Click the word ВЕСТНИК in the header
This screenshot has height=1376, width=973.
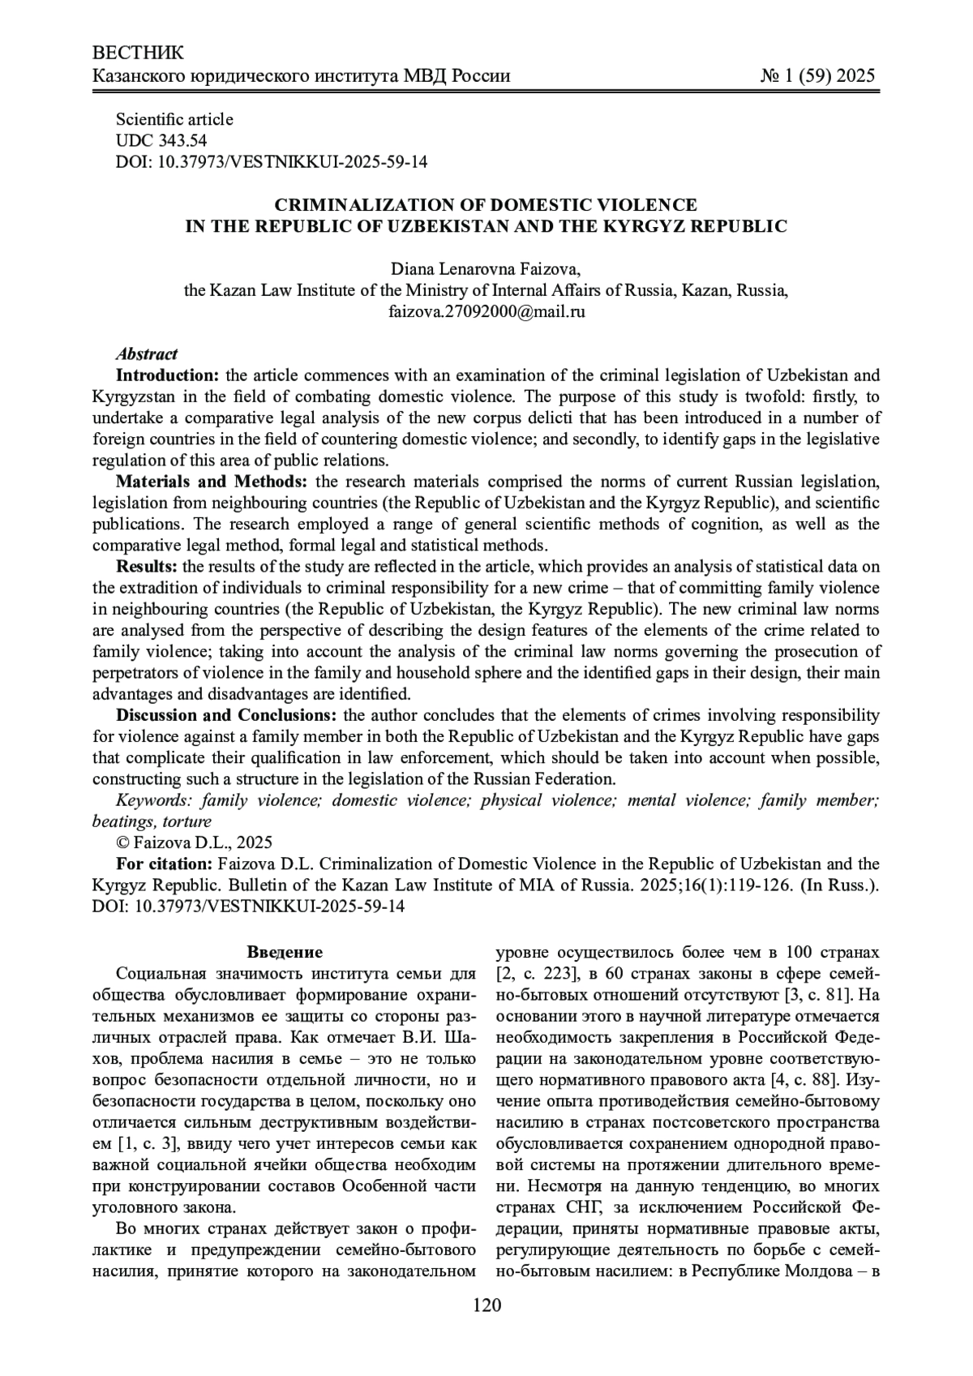139,54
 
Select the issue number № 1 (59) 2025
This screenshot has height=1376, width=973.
817,76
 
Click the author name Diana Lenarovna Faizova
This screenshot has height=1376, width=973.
486,268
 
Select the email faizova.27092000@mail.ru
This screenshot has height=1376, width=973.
486,311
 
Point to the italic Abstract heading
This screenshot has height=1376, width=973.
147,354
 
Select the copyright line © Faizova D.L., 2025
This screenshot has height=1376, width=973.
195,842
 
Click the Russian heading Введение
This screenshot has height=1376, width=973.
285,952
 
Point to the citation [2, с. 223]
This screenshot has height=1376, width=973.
533,973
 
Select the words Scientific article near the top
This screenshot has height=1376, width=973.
174,119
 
